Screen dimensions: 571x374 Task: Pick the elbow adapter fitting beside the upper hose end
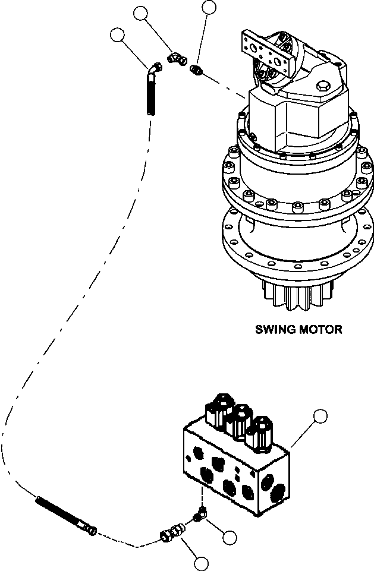(176, 58)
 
